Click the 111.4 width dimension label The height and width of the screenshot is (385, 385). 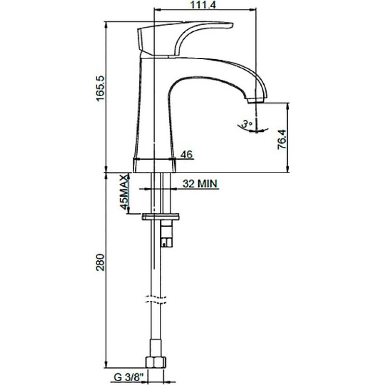pyautogui.click(x=203, y=4)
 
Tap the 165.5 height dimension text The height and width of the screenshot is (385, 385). pyautogui.click(x=100, y=89)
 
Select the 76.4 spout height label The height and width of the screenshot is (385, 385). pyautogui.click(x=282, y=139)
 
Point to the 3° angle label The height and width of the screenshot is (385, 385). pyautogui.click(x=246, y=124)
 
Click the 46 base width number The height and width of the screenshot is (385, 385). pyautogui.click(x=187, y=154)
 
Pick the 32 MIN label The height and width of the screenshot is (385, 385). pyautogui.click(x=200, y=183)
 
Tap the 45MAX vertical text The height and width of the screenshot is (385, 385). pyautogui.click(x=125, y=192)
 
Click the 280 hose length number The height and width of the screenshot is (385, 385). pyautogui.click(x=100, y=262)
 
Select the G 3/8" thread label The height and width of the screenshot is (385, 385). pyautogui.click(x=128, y=377)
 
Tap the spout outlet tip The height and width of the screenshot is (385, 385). pyautogui.click(x=256, y=101)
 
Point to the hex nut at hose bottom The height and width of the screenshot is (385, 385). pyautogui.click(x=156, y=362)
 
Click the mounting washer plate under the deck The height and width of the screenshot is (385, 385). pyautogui.click(x=160, y=217)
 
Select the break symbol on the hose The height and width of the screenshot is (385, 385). pyautogui.click(x=155, y=299)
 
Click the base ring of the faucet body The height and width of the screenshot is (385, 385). pyautogui.click(x=154, y=165)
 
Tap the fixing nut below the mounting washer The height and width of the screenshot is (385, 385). pyautogui.click(x=167, y=233)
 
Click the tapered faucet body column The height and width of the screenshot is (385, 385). pyautogui.click(x=154, y=108)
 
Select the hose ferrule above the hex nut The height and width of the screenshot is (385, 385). pyautogui.click(x=155, y=348)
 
